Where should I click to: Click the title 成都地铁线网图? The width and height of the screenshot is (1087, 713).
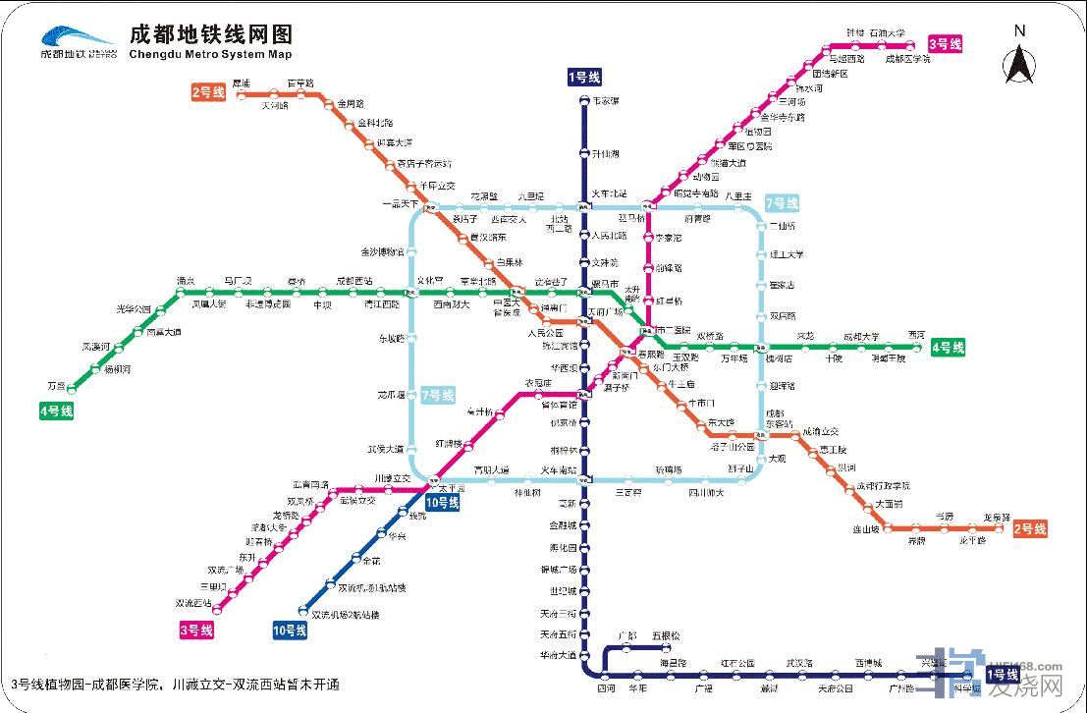[210, 33]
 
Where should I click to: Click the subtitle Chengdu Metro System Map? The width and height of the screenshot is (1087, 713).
[210, 55]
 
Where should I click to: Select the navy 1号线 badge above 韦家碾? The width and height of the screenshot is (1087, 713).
[584, 78]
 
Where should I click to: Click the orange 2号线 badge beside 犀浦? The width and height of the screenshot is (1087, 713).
[208, 92]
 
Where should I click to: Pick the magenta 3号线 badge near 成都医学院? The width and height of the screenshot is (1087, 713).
[946, 44]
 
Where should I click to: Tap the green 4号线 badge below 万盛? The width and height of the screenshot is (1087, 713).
[57, 411]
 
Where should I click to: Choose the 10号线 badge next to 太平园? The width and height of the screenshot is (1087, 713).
[443, 502]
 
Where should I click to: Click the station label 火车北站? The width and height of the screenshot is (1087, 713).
[609, 194]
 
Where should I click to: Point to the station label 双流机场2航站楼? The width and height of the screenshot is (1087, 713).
[345, 615]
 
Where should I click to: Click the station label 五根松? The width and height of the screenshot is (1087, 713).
[665, 635]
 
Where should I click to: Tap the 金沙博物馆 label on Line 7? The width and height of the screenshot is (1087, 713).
[382, 251]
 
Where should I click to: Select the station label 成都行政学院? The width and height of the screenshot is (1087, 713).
[883, 485]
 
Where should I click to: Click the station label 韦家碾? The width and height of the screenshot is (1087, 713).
[606, 101]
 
